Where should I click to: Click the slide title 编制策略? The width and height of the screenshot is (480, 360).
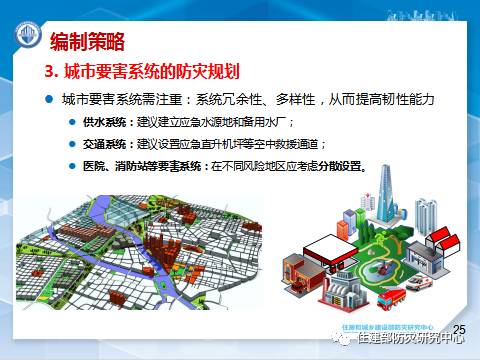coord(87,40)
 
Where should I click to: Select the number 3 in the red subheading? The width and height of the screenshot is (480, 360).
coord(48,73)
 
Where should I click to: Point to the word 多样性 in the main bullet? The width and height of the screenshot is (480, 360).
coord(290,100)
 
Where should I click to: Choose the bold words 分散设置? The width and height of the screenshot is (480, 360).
coord(342,166)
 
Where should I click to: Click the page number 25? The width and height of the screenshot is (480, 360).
coord(460,329)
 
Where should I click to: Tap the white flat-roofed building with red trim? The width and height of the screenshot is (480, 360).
coord(318,250)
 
